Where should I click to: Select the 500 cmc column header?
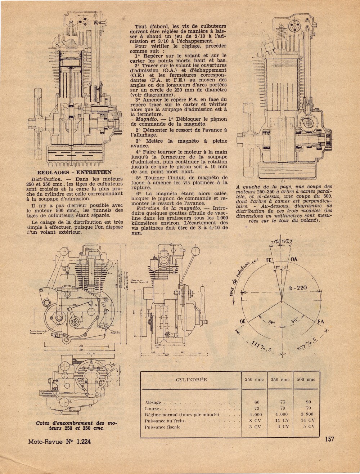(305, 379)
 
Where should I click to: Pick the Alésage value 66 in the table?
(257, 402)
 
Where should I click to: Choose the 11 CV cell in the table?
(281, 420)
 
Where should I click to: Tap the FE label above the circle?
(269, 259)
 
